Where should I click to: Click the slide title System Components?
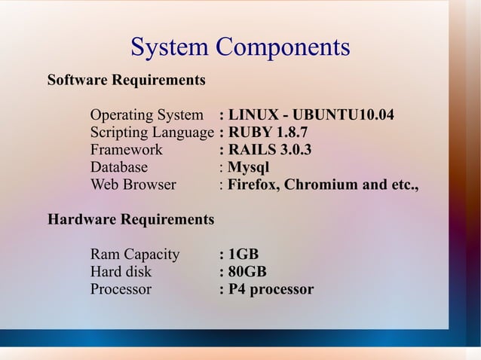coord(240,47)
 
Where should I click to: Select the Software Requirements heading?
coord(126,80)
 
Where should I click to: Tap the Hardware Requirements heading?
coord(130,220)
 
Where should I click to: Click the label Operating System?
coord(146,116)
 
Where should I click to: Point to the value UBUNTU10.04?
coord(343,116)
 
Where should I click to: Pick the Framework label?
coord(126,150)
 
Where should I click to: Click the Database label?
coord(119,167)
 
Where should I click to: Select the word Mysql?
coord(249,167)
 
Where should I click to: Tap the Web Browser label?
coord(133,185)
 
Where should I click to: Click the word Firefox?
coord(253,185)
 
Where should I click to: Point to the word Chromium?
coord(317,185)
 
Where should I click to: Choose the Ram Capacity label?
coord(135,255)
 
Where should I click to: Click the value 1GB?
coord(244,255)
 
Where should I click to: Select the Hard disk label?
coord(121,272)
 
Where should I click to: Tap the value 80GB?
coord(247,272)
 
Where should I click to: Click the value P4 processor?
coord(271,289)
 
